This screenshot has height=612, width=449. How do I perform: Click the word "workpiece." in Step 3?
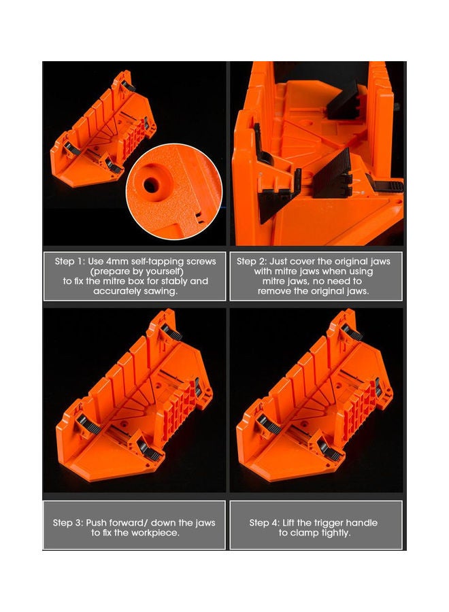(156, 532)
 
